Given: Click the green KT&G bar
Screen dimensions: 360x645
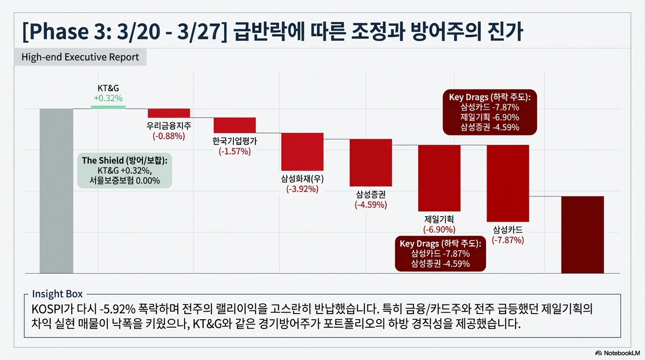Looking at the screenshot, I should pyautogui.click(x=108, y=107).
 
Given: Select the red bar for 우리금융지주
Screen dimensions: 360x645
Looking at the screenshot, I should pyautogui.click(x=169, y=113).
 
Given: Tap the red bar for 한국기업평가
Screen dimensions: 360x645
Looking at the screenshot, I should pyautogui.click(x=234, y=125).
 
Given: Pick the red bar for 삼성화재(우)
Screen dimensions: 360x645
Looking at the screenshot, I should pyautogui.click(x=302, y=152).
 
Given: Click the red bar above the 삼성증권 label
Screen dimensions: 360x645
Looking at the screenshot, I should pyautogui.click(x=371, y=163).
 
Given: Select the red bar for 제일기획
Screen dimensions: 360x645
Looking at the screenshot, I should pyautogui.click(x=439, y=178).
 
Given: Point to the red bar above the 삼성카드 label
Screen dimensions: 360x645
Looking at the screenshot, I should pyautogui.click(x=508, y=183).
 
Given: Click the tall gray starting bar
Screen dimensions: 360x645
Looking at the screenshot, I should pyautogui.click(x=56, y=191).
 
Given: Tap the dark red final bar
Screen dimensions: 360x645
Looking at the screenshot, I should pyautogui.click(x=582, y=234).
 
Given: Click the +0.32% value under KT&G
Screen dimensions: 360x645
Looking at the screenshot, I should pyautogui.click(x=108, y=98).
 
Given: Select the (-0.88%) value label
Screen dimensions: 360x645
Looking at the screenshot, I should pyautogui.click(x=169, y=136).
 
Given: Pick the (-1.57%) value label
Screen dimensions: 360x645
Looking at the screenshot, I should pyautogui.click(x=234, y=151).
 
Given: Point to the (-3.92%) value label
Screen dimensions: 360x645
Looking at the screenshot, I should pyautogui.click(x=302, y=189).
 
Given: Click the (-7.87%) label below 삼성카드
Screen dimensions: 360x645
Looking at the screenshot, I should pyautogui.click(x=508, y=240).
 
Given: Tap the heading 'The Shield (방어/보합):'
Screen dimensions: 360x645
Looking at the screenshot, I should pyautogui.click(x=124, y=160).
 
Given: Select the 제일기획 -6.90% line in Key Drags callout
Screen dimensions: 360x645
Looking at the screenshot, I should pyautogui.click(x=489, y=117).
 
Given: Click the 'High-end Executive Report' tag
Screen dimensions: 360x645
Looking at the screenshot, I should pyautogui.click(x=80, y=57).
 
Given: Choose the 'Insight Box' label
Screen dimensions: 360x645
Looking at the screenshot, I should pyautogui.click(x=57, y=294).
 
